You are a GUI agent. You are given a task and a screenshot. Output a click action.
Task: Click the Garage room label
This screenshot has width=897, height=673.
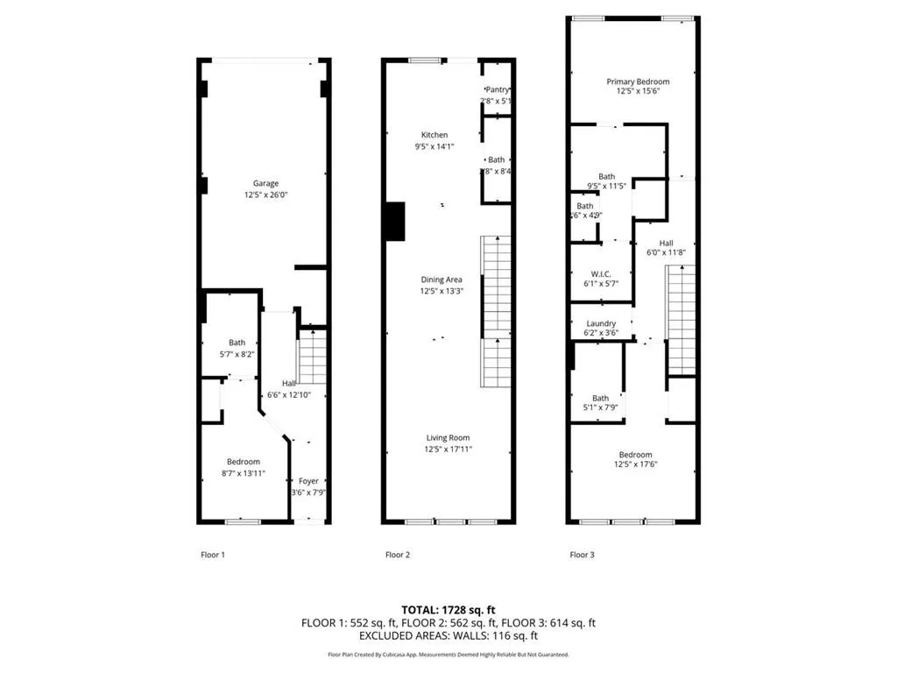tap(266, 183)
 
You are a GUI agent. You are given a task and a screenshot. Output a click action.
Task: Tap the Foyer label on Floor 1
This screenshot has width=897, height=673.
tap(308, 481)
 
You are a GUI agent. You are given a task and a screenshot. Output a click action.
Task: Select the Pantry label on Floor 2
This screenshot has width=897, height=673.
tap(498, 89)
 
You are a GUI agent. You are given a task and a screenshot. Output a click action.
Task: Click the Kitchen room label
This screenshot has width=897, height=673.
tap(434, 135)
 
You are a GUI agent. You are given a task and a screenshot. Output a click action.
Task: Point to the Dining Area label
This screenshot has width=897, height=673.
tap(441, 280)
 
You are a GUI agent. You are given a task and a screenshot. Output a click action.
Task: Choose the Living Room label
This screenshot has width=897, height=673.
tap(448, 438)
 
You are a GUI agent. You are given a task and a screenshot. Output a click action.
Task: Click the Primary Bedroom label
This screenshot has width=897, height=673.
tap(638, 81)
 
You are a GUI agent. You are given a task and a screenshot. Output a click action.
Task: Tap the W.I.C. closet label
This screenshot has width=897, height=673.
tap(601, 274)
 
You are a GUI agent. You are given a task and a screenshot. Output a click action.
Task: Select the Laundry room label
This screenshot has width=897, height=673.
tap(601, 323)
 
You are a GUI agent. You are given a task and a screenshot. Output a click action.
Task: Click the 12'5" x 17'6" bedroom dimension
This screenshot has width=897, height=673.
tap(635, 464)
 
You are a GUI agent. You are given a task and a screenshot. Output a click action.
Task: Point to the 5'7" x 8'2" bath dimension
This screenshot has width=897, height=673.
tap(237, 354)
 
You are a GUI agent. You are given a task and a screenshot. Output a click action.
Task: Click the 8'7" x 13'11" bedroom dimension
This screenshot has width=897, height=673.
tap(244, 473)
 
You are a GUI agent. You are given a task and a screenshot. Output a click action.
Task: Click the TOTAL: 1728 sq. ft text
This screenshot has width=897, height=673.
tap(448, 609)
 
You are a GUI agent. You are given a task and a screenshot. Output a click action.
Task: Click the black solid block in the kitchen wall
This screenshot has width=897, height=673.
tap(395, 221)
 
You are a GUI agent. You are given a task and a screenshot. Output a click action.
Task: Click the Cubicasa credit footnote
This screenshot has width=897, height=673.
tap(448, 655)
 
